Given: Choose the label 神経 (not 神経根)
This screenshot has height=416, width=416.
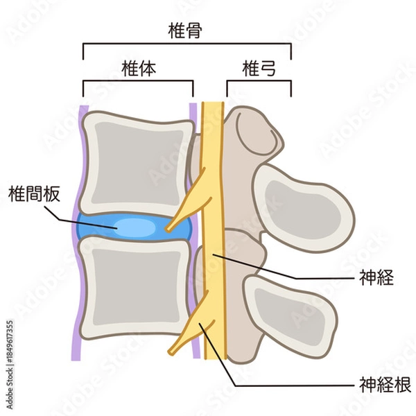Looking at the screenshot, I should [377, 278].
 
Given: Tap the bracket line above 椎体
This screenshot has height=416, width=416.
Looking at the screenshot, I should [137, 81].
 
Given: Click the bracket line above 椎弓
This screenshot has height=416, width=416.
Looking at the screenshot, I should [258, 81].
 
